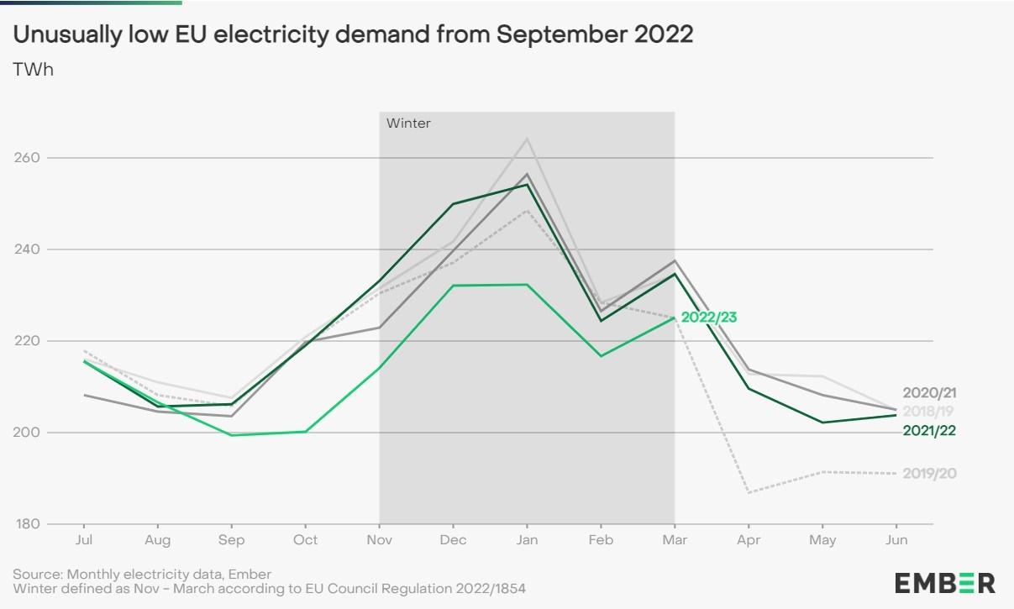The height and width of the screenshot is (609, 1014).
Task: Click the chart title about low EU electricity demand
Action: (x=353, y=34)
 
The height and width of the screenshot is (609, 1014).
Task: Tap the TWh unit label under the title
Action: (x=33, y=70)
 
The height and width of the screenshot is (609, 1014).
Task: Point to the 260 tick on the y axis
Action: (x=28, y=158)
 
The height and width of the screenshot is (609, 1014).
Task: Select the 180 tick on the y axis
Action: (x=28, y=524)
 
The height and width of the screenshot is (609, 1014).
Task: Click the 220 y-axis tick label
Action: (x=28, y=341)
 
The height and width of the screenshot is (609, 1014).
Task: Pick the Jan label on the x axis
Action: (x=527, y=540)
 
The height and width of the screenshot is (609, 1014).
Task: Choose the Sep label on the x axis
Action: (x=231, y=540)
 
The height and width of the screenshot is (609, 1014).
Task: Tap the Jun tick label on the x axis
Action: (x=896, y=540)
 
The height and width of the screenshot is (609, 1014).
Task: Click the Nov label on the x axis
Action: (x=380, y=540)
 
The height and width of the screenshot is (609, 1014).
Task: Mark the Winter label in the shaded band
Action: (x=408, y=123)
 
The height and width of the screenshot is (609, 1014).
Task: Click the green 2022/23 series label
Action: (x=708, y=318)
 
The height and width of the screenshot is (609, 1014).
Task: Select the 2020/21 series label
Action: (x=929, y=393)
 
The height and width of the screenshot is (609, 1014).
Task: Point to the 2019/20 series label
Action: (x=929, y=474)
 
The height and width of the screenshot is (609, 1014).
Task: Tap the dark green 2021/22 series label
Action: (x=929, y=431)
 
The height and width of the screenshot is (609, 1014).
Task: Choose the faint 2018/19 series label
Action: (x=929, y=411)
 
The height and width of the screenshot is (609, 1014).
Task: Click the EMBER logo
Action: (x=944, y=583)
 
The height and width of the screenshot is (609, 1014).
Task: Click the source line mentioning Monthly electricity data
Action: (x=142, y=575)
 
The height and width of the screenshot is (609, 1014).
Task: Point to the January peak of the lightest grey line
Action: (x=527, y=139)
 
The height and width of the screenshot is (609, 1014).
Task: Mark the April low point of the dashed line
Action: (x=749, y=492)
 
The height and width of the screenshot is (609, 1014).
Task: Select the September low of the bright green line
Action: (x=231, y=435)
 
